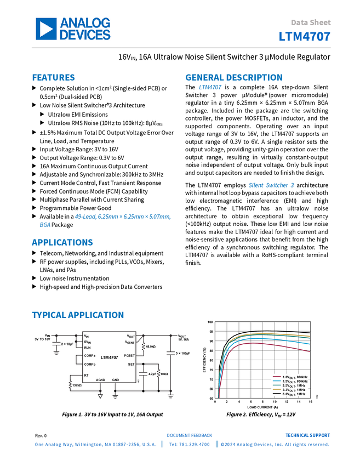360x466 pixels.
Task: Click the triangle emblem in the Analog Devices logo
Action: click(x=46, y=29)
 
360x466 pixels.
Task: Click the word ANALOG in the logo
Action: click(x=85, y=23)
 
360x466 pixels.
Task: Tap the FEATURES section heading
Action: click(x=53, y=78)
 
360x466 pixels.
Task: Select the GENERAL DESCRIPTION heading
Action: click(x=233, y=78)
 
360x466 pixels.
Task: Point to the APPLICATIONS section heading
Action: click(x=62, y=242)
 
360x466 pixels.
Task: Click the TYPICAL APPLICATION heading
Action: click(x=77, y=315)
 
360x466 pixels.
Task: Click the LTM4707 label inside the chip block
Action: click(x=109, y=357)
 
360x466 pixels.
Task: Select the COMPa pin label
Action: click(x=90, y=356)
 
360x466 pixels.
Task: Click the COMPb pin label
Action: click(x=90, y=365)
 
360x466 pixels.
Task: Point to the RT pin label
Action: click(x=86, y=375)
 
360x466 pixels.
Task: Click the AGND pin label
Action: click(x=100, y=380)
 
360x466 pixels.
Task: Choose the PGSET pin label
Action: click(x=129, y=356)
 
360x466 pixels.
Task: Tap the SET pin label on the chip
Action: click(x=132, y=364)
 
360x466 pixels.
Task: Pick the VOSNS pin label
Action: click(x=130, y=342)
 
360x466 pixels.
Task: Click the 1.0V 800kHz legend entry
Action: click(x=290, y=377)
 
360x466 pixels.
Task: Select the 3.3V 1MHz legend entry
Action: click(x=290, y=390)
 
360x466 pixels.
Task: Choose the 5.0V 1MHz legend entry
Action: click(x=290, y=394)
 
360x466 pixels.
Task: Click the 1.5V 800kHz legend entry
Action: click(x=290, y=382)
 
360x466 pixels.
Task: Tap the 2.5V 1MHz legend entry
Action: click(x=290, y=385)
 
